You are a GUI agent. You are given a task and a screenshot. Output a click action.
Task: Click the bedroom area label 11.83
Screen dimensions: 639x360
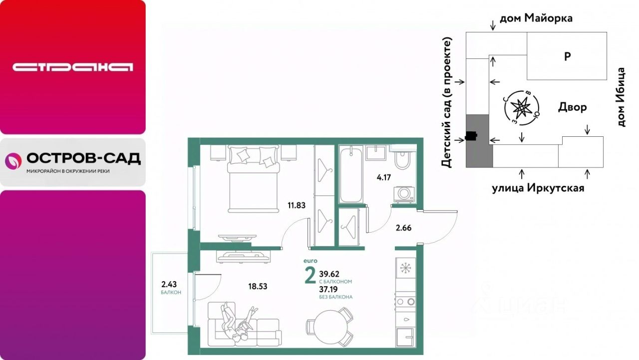click(297, 205)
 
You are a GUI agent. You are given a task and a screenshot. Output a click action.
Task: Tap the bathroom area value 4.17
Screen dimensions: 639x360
click(384, 177)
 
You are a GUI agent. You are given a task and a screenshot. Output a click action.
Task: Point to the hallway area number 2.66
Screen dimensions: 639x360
click(403, 228)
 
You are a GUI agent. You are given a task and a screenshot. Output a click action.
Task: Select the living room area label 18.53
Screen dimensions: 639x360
click(258, 287)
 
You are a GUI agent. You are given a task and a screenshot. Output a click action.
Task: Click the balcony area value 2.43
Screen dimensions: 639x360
click(169, 284)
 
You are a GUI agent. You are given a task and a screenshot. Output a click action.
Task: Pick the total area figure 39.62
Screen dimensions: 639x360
click(329, 274)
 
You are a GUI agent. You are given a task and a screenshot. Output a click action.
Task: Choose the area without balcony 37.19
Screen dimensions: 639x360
click(328, 290)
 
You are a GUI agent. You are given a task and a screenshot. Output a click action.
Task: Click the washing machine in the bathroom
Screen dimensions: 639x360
click(404, 194)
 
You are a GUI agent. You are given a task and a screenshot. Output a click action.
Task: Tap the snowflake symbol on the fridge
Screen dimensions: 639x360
click(405, 268)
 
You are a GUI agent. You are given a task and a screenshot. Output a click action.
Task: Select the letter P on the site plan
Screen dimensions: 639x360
click(568, 56)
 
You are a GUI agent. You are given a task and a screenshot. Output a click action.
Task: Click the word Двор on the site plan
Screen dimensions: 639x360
click(572, 107)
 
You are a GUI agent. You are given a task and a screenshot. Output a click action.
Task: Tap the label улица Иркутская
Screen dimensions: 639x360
click(538, 188)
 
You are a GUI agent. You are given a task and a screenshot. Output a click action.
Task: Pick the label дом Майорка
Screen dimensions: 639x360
click(536, 18)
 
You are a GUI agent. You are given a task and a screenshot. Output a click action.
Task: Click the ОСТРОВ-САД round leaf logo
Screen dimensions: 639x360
click(13, 161)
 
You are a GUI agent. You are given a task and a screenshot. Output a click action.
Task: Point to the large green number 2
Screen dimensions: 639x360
click(311, 276)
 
